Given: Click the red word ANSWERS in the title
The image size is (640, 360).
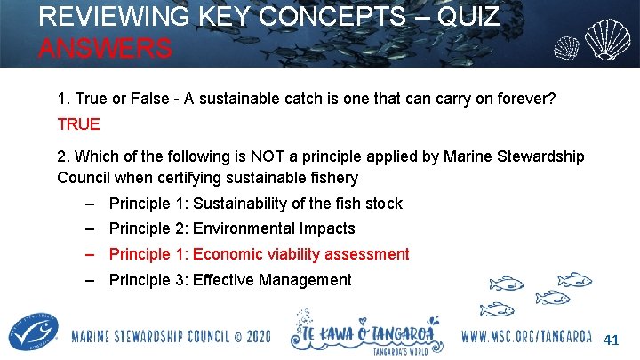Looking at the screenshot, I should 105,47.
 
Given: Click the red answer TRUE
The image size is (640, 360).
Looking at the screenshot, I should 78,124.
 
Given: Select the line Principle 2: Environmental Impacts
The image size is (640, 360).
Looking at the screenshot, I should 231,228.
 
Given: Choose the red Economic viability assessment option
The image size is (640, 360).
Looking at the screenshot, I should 300,254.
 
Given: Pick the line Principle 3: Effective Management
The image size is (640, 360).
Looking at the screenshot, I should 229,280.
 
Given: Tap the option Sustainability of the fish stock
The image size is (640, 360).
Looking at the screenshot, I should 297,204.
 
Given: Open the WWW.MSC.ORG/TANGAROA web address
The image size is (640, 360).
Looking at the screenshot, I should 528,338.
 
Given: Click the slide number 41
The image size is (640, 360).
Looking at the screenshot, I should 611,340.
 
